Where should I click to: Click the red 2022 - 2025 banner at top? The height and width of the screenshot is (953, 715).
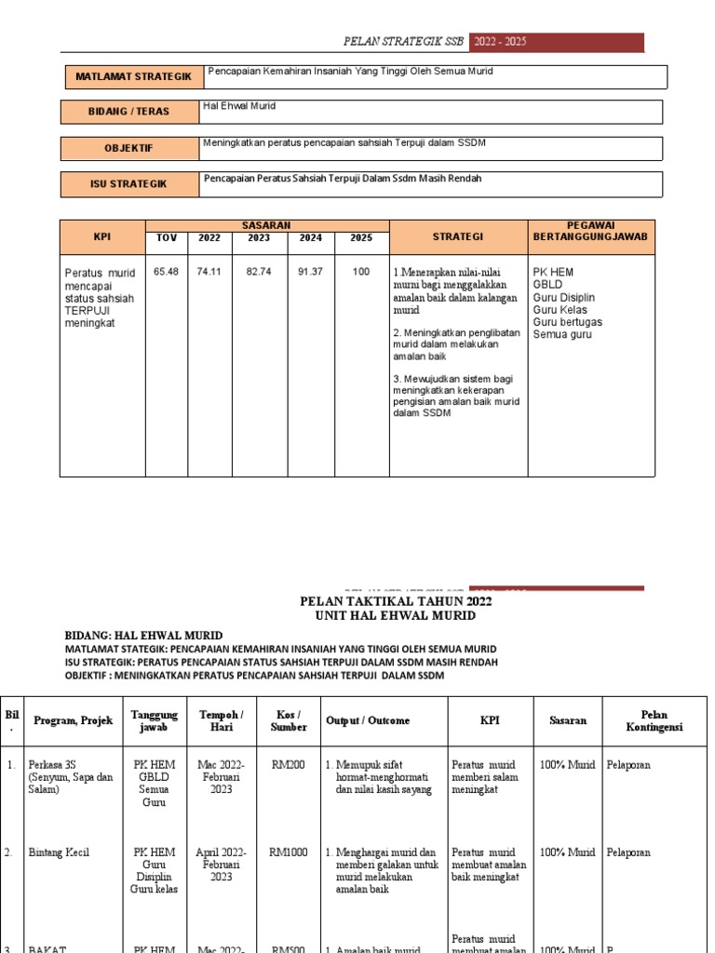pos(557,43)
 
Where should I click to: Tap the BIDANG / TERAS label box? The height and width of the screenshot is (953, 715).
pos(129,112)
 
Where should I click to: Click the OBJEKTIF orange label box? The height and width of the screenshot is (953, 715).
pos(129,148)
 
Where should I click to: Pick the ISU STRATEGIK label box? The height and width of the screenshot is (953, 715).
pos(129,184)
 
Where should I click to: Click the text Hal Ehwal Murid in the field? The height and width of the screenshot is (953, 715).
pos(239,107)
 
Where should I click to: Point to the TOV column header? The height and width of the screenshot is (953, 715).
pos(167,238)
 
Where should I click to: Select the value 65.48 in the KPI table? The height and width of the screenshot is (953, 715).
pos(167,272)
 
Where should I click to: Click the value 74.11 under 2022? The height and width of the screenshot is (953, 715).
pos(209,272)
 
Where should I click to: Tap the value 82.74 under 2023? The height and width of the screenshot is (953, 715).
pos(258,272)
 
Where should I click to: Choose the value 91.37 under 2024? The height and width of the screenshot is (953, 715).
pos(310,272)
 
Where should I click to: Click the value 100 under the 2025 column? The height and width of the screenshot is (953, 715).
pos(360,272)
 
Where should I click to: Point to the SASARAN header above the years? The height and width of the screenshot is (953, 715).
pos(266,225)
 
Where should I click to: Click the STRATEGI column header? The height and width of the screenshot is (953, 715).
pos(457,237)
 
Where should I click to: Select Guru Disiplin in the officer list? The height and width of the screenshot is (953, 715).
pos(564,298)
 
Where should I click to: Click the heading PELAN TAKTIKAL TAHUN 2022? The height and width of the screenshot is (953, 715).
pos(396,601)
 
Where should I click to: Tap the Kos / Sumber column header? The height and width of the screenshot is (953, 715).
pos(289,720)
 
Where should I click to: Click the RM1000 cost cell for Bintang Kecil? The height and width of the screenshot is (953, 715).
pos(289,852)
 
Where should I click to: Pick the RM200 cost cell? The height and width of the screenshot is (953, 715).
pos(289,765)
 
